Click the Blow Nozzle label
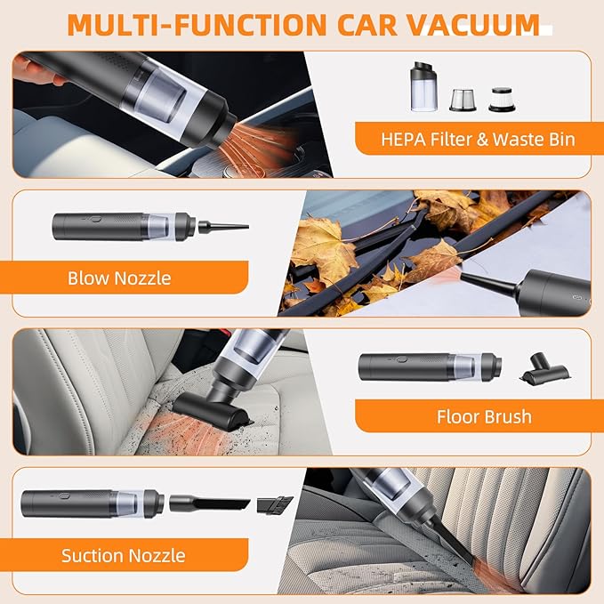tap(119, 278)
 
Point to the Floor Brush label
tap(484, 415)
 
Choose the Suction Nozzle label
tap(124, 556)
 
